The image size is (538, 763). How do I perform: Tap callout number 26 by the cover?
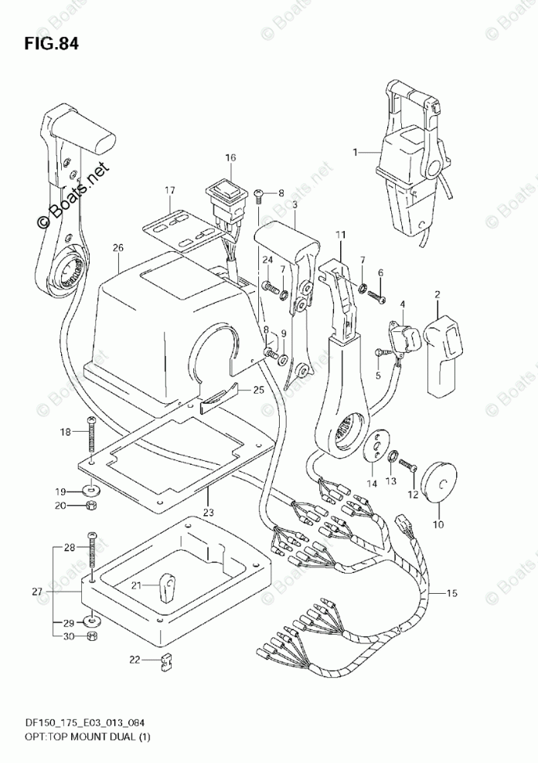(117, 249)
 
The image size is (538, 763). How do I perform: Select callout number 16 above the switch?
(230, 158)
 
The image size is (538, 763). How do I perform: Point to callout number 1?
(356, 152)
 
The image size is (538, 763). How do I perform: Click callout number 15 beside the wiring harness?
(452, 593)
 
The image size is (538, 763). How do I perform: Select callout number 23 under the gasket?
(206, 511)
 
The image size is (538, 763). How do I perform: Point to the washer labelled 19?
(93, 490)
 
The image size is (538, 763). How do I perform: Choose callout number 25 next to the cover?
(258, 389)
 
